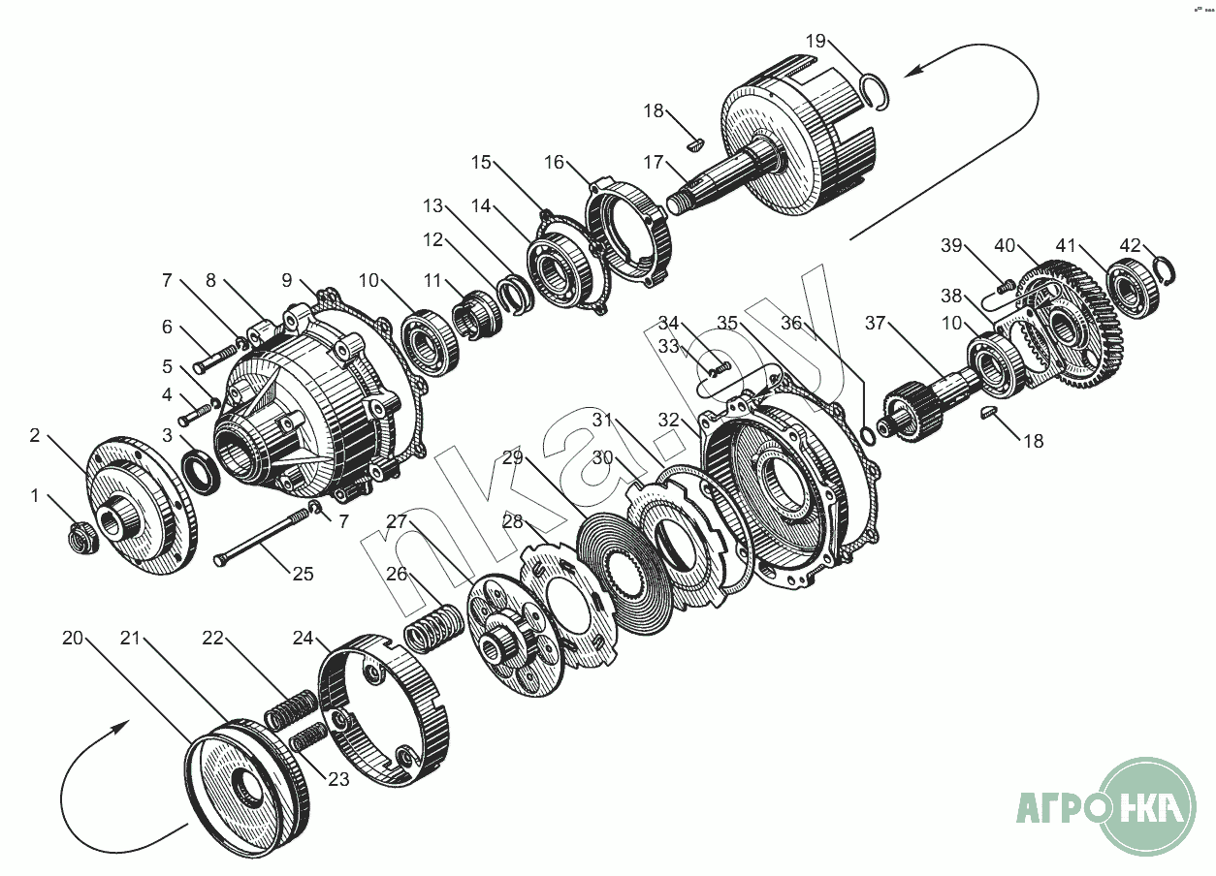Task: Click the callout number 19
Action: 816,41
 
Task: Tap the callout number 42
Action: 1131,246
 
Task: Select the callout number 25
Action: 304,574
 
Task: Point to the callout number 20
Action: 73,638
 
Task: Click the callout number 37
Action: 876,324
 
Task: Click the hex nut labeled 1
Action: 80,535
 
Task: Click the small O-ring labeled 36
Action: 869,430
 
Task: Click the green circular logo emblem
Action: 1149,806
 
